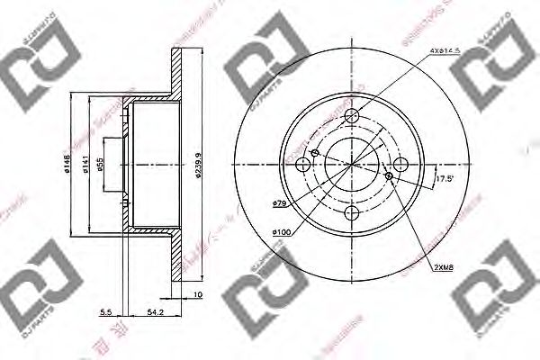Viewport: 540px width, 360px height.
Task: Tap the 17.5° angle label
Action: pos(443,177)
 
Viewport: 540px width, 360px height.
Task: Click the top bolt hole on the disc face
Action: pos(355,116)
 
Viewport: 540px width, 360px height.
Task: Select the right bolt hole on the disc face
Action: pos(401,163)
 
